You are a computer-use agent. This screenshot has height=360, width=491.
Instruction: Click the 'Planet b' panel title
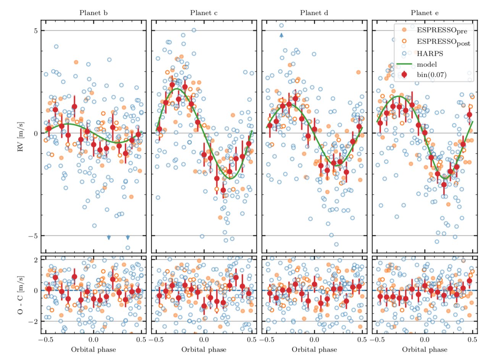(94, 13)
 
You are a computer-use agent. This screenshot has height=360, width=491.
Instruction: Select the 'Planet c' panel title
(204, 13)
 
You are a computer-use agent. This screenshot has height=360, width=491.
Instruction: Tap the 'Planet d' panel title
(314, 13)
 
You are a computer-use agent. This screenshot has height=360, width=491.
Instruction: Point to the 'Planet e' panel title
(425, 13)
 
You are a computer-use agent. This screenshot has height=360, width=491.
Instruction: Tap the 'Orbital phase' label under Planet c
(204, 349)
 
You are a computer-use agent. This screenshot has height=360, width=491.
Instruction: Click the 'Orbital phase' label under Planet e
(425, 349)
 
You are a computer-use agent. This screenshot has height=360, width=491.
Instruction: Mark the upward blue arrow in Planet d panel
(281, 35)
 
